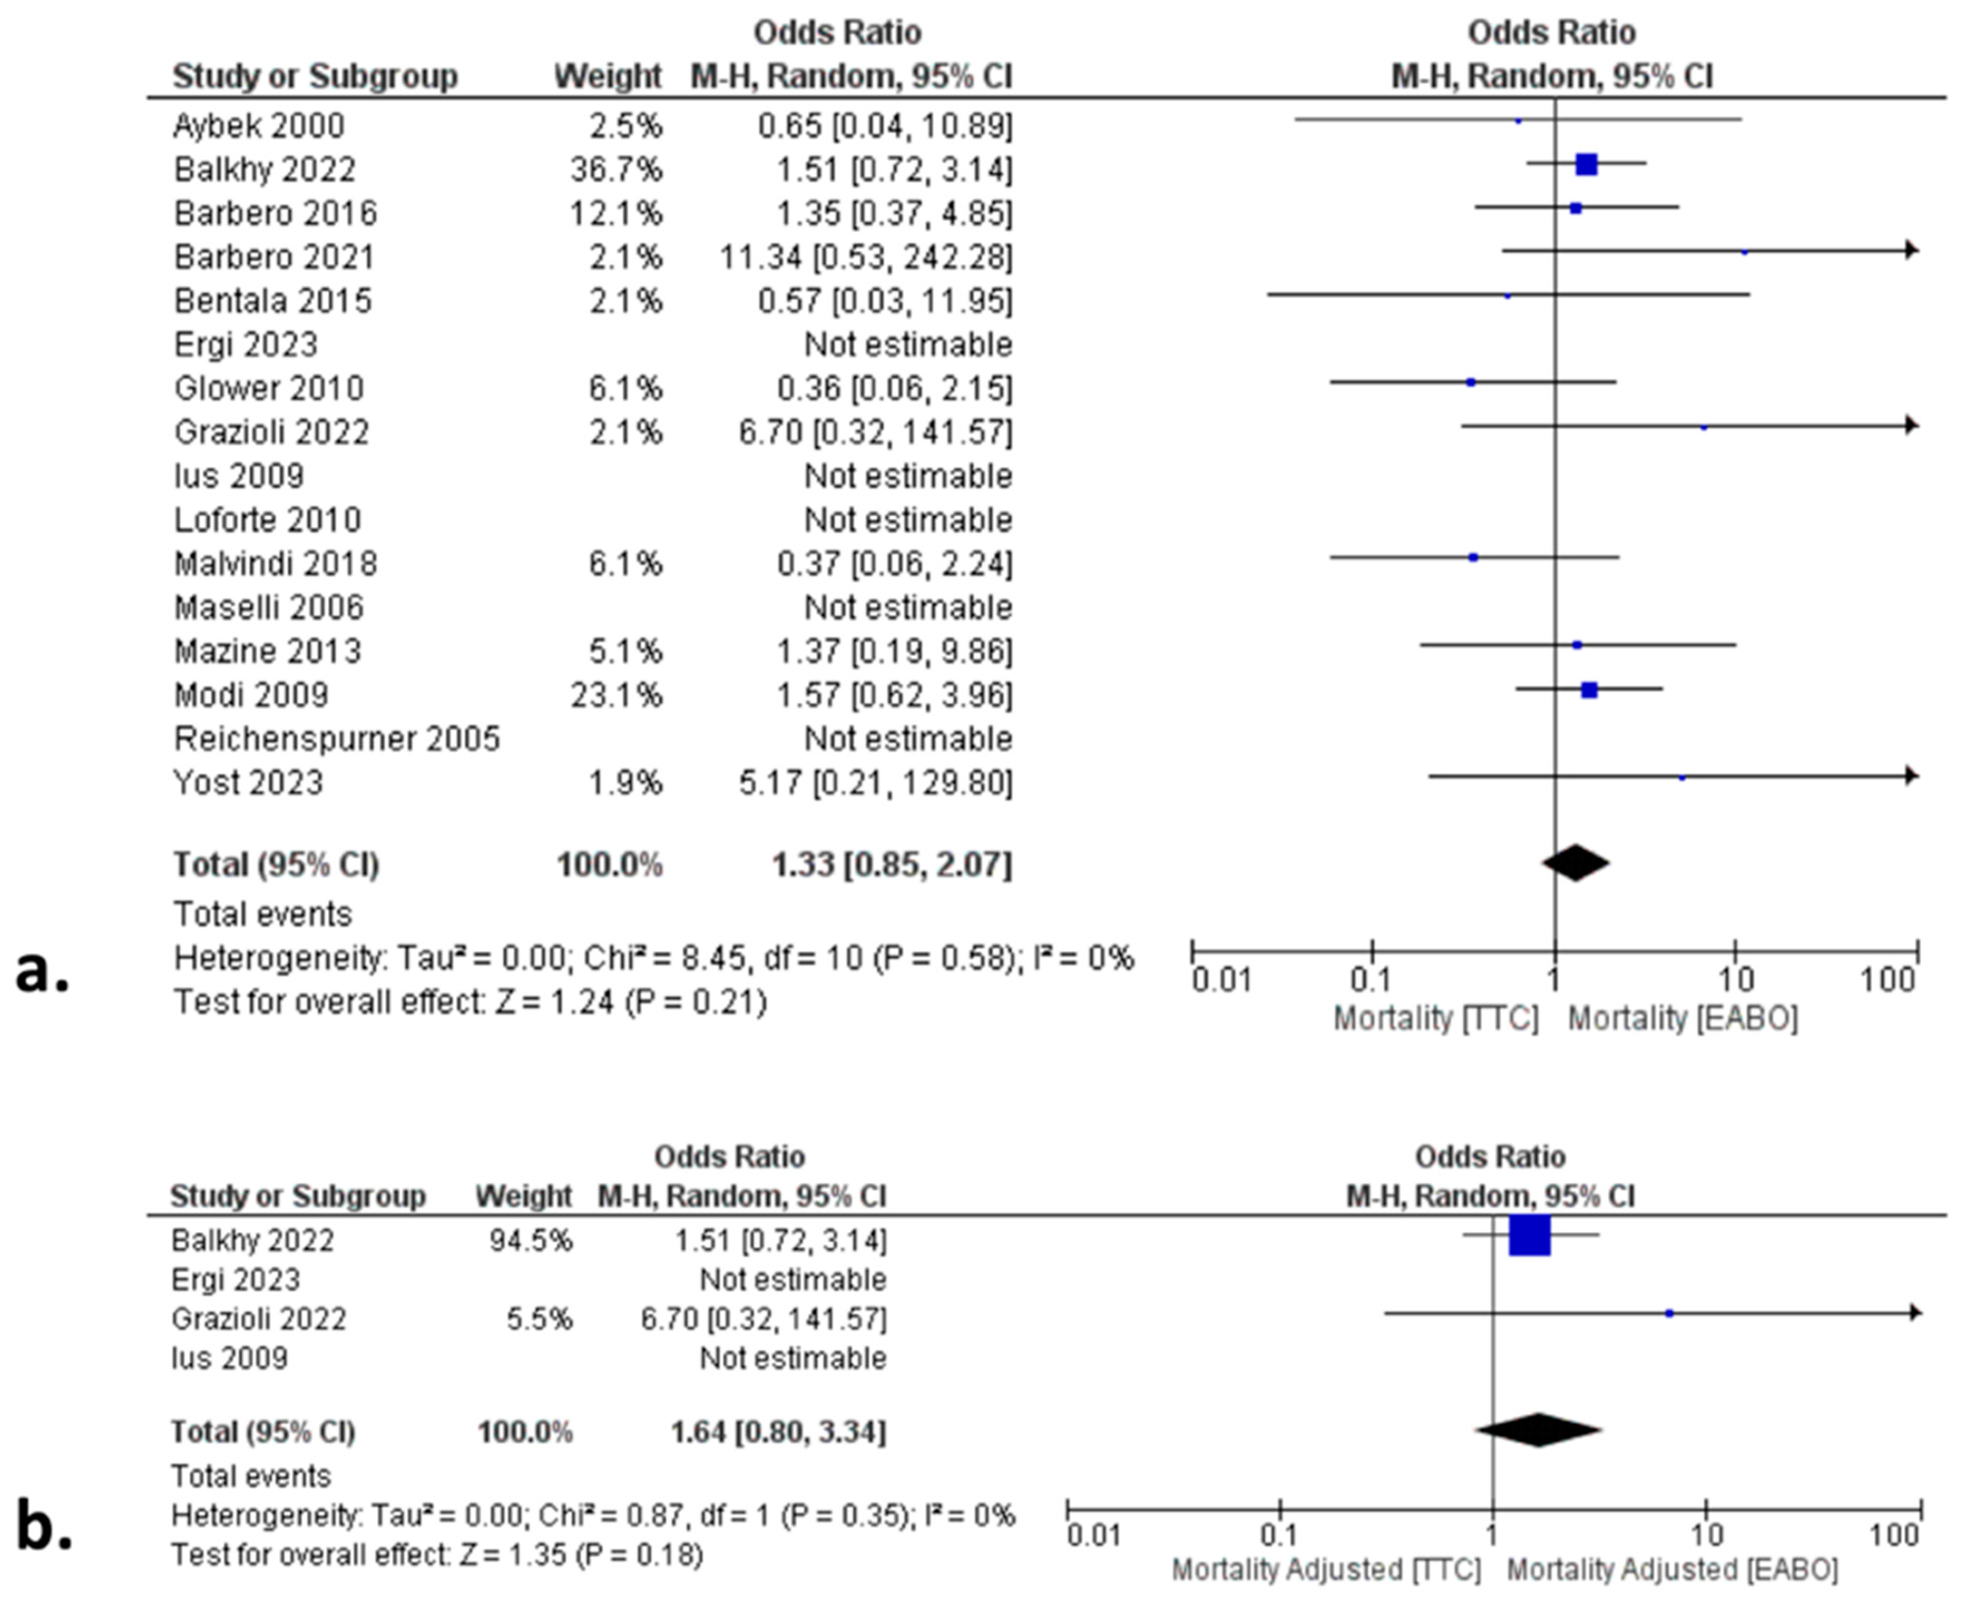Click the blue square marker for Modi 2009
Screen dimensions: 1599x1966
pyautogui.click(x=1588, y=689)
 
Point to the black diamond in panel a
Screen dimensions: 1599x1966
pyautogui.click(x=1576, y=863)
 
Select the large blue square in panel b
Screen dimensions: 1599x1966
pyautogui.click(x=1529, y=1235)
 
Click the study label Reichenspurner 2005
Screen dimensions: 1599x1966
pyautogui.click(x=337, y=739)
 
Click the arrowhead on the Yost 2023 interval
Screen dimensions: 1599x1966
pyautogui.click(x=1911, y=776)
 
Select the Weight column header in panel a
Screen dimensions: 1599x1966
pyautogui.click(x=608, y=77)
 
